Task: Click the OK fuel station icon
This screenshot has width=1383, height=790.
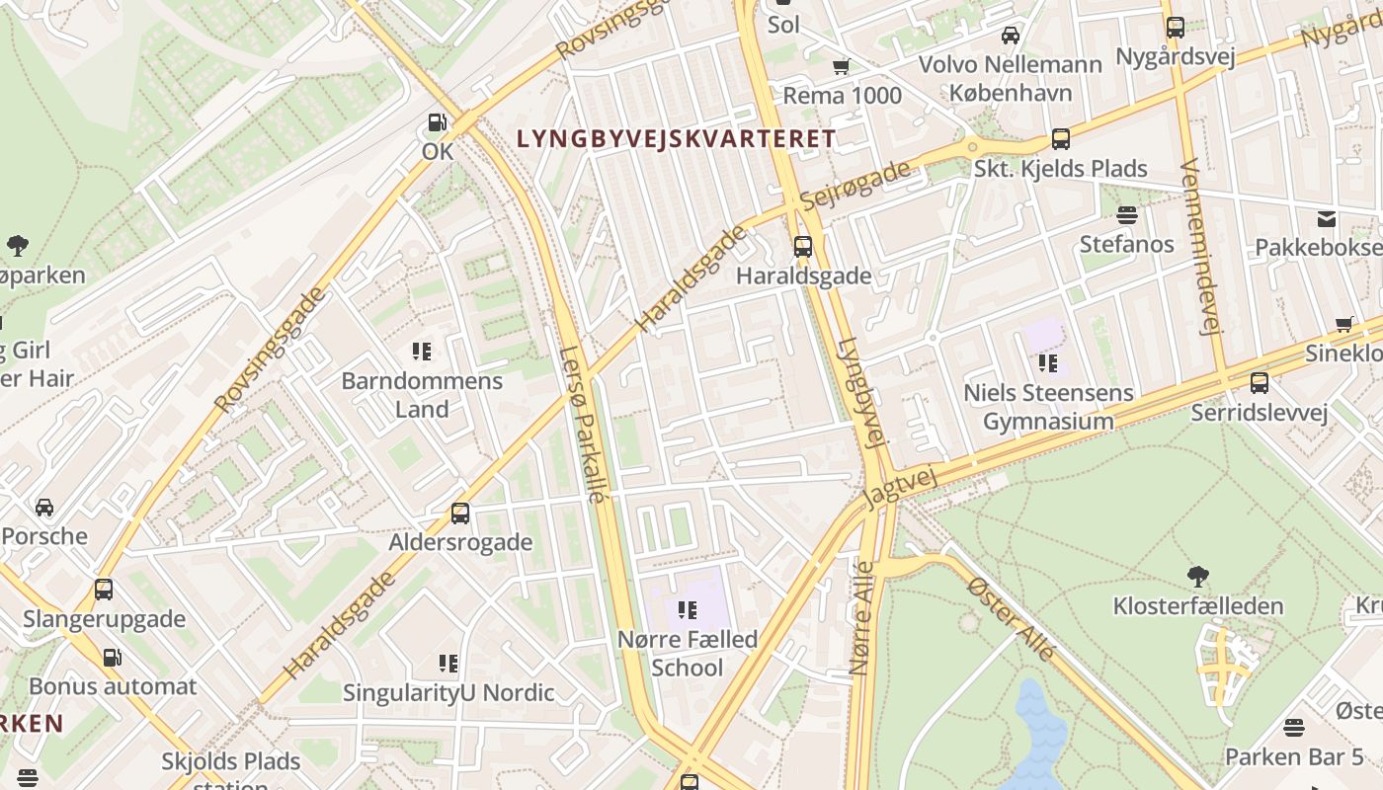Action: pyautogui.click(x=437, y=123)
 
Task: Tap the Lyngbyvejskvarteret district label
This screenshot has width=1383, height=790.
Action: pyautogui.click(x=677, y=139)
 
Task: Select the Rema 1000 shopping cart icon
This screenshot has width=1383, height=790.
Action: pyautogui.click(x=841, y=66)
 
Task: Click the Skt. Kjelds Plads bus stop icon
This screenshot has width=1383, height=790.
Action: pyautogui.click(x=1061, y=139)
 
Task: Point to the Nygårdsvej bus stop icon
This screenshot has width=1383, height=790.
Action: pyautogui.click(x=1175, y=28)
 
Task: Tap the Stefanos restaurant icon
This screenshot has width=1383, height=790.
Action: pyautogui.click(x=1126, y=214)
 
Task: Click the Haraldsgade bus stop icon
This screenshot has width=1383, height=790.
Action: pyautogui.click(x=803, y=246)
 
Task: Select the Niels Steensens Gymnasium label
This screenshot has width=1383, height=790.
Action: pyautogui.click(x=1048, y=407)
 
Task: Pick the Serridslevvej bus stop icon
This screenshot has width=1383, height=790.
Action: pyautogui.click(x=1259, y=383)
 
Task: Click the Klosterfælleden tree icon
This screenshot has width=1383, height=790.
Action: pyautogui.click(x=1198, y=576)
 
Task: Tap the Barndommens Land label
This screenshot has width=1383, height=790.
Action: pyautogui.click(x=422, y=395)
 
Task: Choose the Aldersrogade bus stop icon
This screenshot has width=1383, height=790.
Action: pyautogui.click(x=460, y=513)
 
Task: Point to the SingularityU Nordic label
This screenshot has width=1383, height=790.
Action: pyautogui.click(x=448, y=693)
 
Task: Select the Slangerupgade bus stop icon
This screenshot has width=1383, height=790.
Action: pyautogui.click(x=104, y=590)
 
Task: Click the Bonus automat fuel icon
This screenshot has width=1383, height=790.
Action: pyautogui.click(x=113, y=657)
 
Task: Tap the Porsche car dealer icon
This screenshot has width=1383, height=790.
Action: pyautogui.click(x=44, y=508)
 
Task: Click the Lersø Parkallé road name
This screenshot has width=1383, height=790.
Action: pyautogui.click(x=581, y=425)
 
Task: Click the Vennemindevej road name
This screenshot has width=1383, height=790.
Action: pyautogui.click(x=1198, y=247)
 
